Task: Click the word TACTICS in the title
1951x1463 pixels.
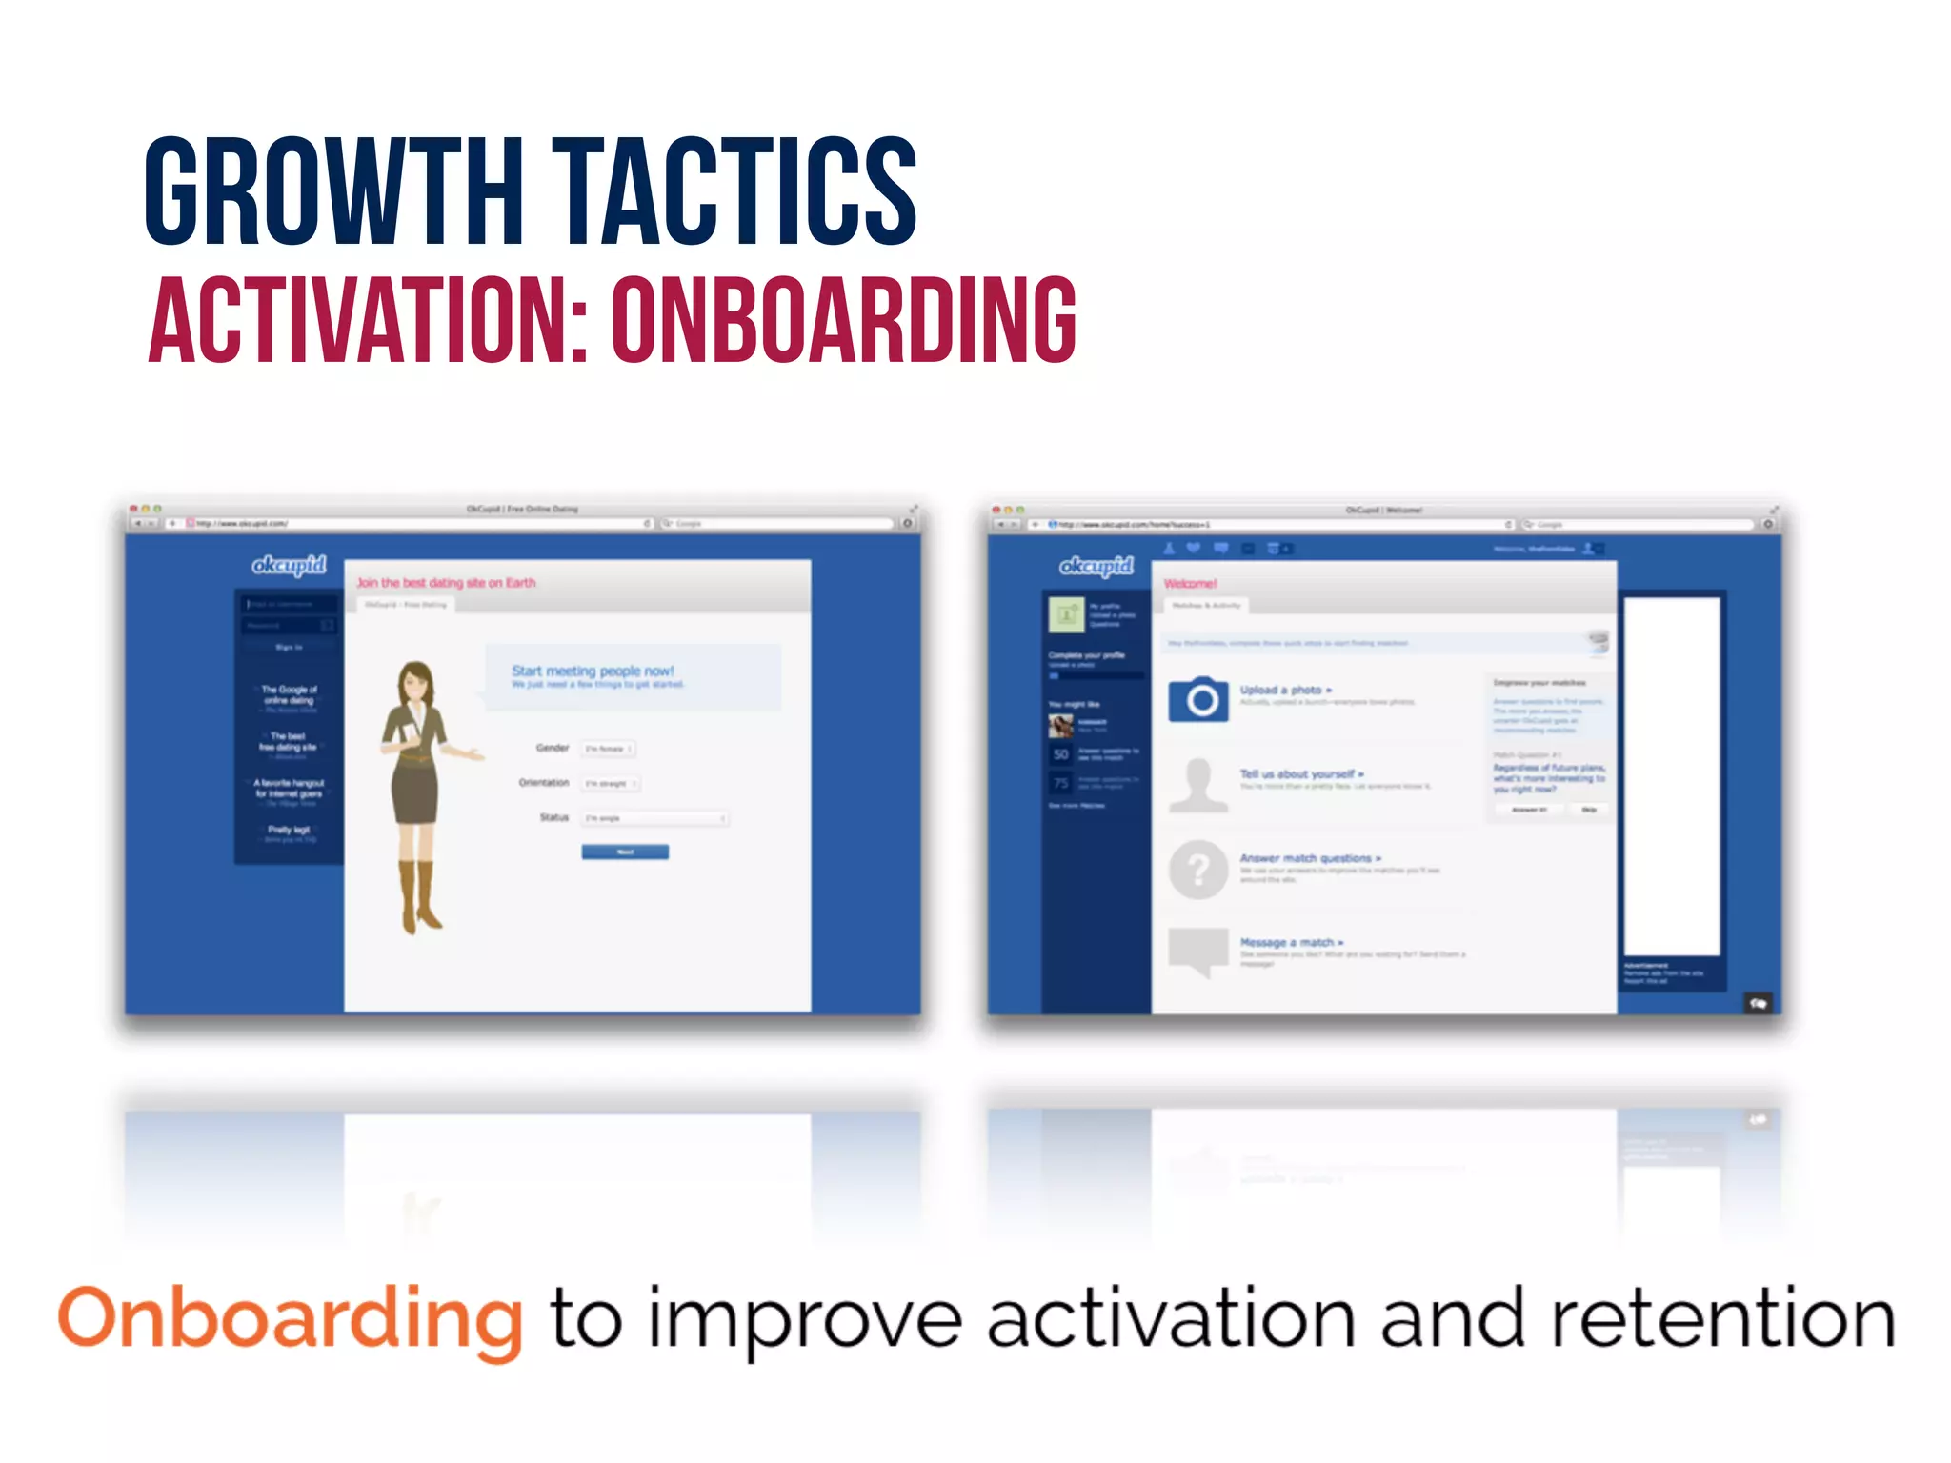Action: coord(734,190)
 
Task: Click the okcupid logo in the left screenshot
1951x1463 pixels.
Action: coord(289,565)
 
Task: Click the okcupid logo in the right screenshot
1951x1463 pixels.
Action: coord(1096,566)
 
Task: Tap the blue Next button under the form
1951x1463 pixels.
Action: coord(625,852)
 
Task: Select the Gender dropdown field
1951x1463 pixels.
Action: coord(609,749)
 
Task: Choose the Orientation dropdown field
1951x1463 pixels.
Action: coord(611,783)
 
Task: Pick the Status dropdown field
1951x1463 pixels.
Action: coord(656,818)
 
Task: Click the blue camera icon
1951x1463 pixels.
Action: coord(1198,700)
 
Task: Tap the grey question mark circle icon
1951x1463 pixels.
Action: coord(1198,869)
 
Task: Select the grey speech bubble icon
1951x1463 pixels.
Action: coord(1198,952)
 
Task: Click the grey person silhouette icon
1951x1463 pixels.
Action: coord(1198,785)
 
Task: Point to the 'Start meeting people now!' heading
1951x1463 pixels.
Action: coord(593,671)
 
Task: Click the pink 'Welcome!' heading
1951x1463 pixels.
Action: coord(1190,583)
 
